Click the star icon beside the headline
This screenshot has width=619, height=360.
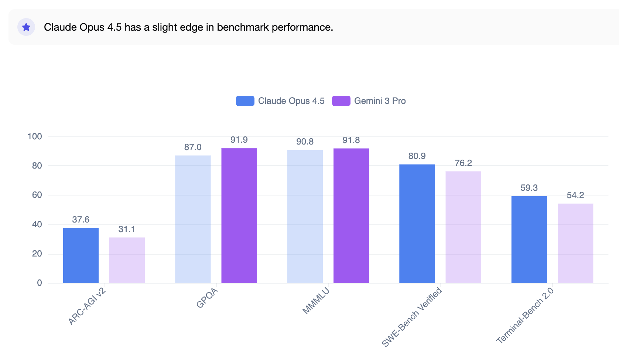(26, 27)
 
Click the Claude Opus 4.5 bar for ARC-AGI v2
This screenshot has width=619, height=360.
(81, 255)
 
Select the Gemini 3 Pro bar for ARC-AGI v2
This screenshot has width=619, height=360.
(127, 260)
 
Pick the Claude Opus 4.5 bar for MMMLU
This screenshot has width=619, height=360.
(305, 216)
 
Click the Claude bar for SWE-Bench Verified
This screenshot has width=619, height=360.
(417, 224)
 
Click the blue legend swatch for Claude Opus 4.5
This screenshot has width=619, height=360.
(245, 101)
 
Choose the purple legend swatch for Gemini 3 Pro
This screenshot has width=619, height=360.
(341, 101)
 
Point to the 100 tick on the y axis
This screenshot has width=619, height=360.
(35, 136)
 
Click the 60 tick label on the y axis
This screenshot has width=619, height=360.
(37, 195)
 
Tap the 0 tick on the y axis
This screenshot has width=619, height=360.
(40, 283)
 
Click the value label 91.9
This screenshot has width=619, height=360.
(239, 140)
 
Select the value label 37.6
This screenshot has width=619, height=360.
(81, 220)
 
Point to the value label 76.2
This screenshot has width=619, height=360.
(463, 163)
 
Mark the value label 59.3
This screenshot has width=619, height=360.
(529, 188)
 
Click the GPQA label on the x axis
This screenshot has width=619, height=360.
(207, 298)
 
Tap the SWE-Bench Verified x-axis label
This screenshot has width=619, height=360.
(412, 317)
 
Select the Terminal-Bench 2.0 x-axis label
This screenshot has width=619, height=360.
(525, 316)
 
